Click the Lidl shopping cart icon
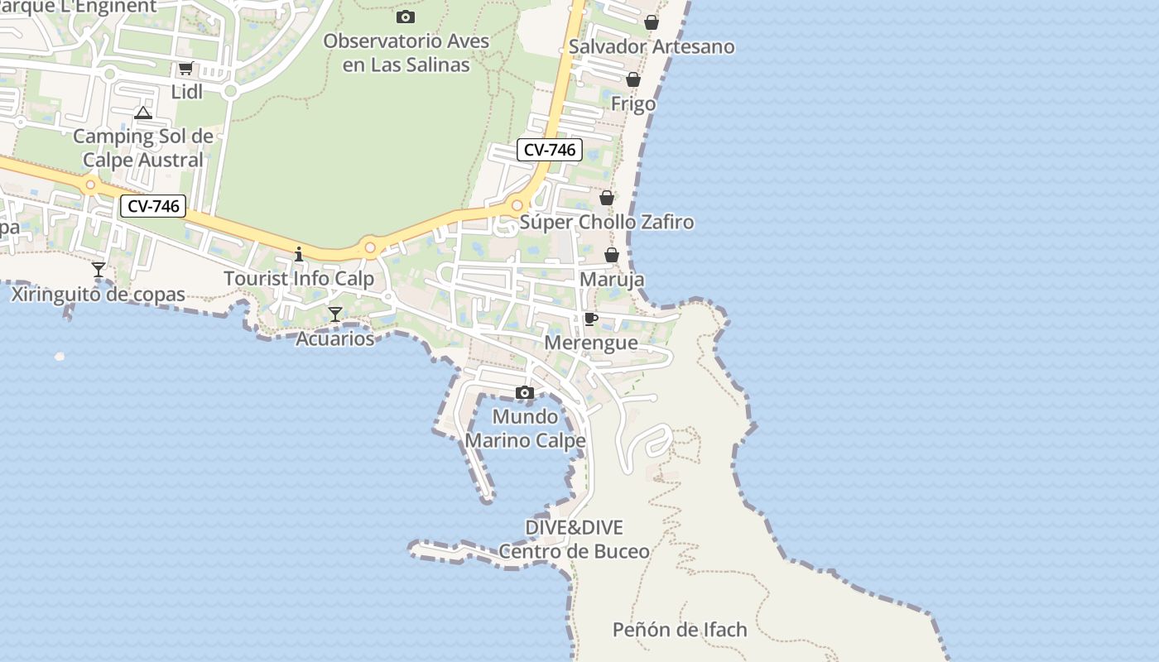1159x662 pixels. pyautogui.click(x=185, y=69)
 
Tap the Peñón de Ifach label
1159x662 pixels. pyautogui.click(x=680, y=630)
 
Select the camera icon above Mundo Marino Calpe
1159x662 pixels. pyautogui.click(x=525, y=392)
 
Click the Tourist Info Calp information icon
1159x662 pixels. pyautogui.click(x=299, y=254)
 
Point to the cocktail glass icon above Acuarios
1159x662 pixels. pyautogui.click(x=335, y=314)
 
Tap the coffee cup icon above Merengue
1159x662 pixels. pyautogui.click(x=591, y=319)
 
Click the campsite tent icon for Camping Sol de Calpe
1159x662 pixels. pyautogui.click(x=143, y=113)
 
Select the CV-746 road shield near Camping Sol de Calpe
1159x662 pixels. pyautogui.click(x=153, y=206)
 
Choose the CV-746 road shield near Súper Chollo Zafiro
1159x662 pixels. pyautogui.click(x=550, y=150)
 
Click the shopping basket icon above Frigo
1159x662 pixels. pyautogui.click(x=633, y=79)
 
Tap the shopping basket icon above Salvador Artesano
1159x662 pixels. pyautogui.click(x=652, y=22)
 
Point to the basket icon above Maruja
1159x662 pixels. pyautogui.click(x=612, y=255)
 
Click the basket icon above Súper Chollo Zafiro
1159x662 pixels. pyautogui.click(x=607, y=198)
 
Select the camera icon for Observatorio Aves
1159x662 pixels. pyautogui.click(x=406, y=17)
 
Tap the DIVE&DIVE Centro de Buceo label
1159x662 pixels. pyautogui.click(x=574, y=540)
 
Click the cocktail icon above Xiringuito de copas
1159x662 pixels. pyautogui.click(x=99, y=270)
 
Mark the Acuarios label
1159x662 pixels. pyautogui.click(x=335, y=338)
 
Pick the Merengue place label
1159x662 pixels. pyautogui.click(x=591, y=343)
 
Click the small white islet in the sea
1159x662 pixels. pyautogui.click(x=60, y=357)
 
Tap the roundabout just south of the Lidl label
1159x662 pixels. pyautogui.click(x=231, y=92)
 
